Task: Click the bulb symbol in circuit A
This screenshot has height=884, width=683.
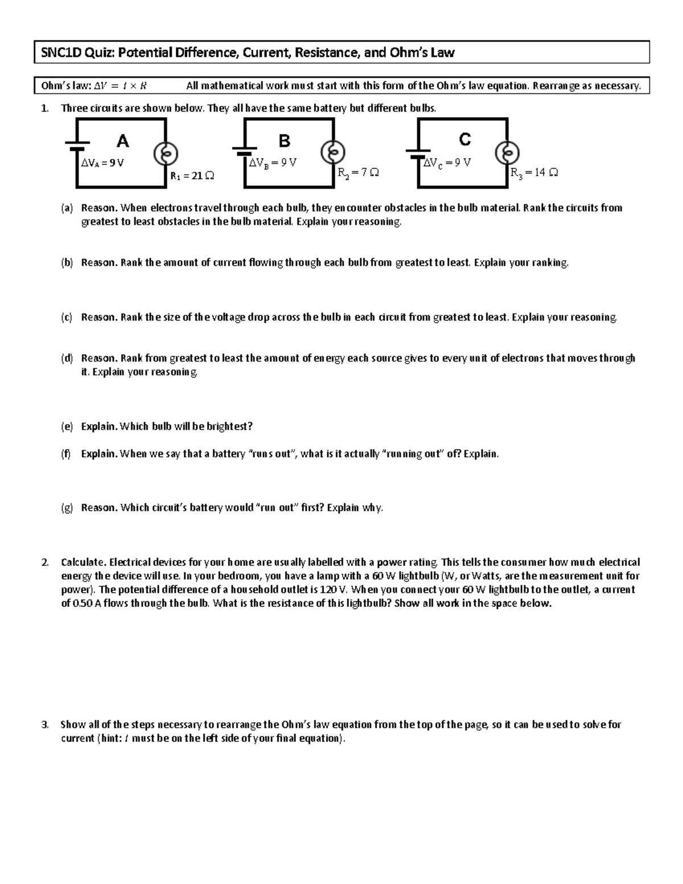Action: [166, 153]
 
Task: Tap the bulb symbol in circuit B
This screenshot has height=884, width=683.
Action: [334, 152]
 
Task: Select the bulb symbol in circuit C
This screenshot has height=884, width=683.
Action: [507, 152]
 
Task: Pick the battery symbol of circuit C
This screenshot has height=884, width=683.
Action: [418, 152]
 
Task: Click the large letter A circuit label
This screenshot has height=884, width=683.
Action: [122, 141]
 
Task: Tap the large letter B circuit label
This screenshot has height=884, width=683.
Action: [284, 140]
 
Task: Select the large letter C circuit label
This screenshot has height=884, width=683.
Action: [465, 139]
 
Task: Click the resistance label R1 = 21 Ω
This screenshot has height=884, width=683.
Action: [192, 176]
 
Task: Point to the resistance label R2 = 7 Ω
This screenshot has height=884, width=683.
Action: [358, 172]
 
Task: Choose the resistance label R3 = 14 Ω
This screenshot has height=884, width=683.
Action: [534, 172]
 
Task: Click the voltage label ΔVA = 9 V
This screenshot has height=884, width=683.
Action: [102, 163]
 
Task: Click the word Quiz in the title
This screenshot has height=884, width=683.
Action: [100, 53]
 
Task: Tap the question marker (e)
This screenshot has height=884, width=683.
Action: [67, 426]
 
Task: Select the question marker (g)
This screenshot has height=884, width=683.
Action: [67, 508]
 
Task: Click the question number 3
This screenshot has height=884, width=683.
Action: [45, 725]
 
